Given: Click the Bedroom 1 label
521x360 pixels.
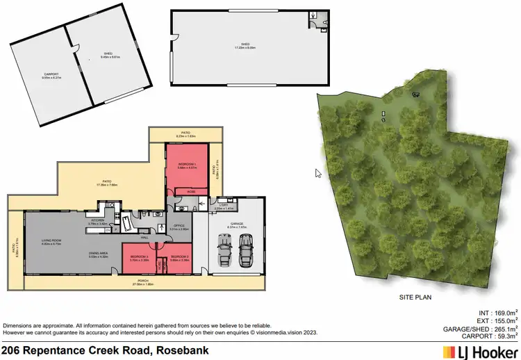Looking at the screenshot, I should [186, 165].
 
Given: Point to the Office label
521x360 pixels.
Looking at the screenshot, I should [179, 226].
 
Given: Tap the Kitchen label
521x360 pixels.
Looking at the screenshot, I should [97, 222].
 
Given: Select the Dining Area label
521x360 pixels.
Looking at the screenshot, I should [97, 255].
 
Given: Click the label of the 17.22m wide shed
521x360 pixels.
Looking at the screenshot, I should [245, 47].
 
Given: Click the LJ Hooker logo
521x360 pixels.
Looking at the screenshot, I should [481, 352].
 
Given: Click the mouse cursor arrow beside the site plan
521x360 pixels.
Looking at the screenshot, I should [318, 173].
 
